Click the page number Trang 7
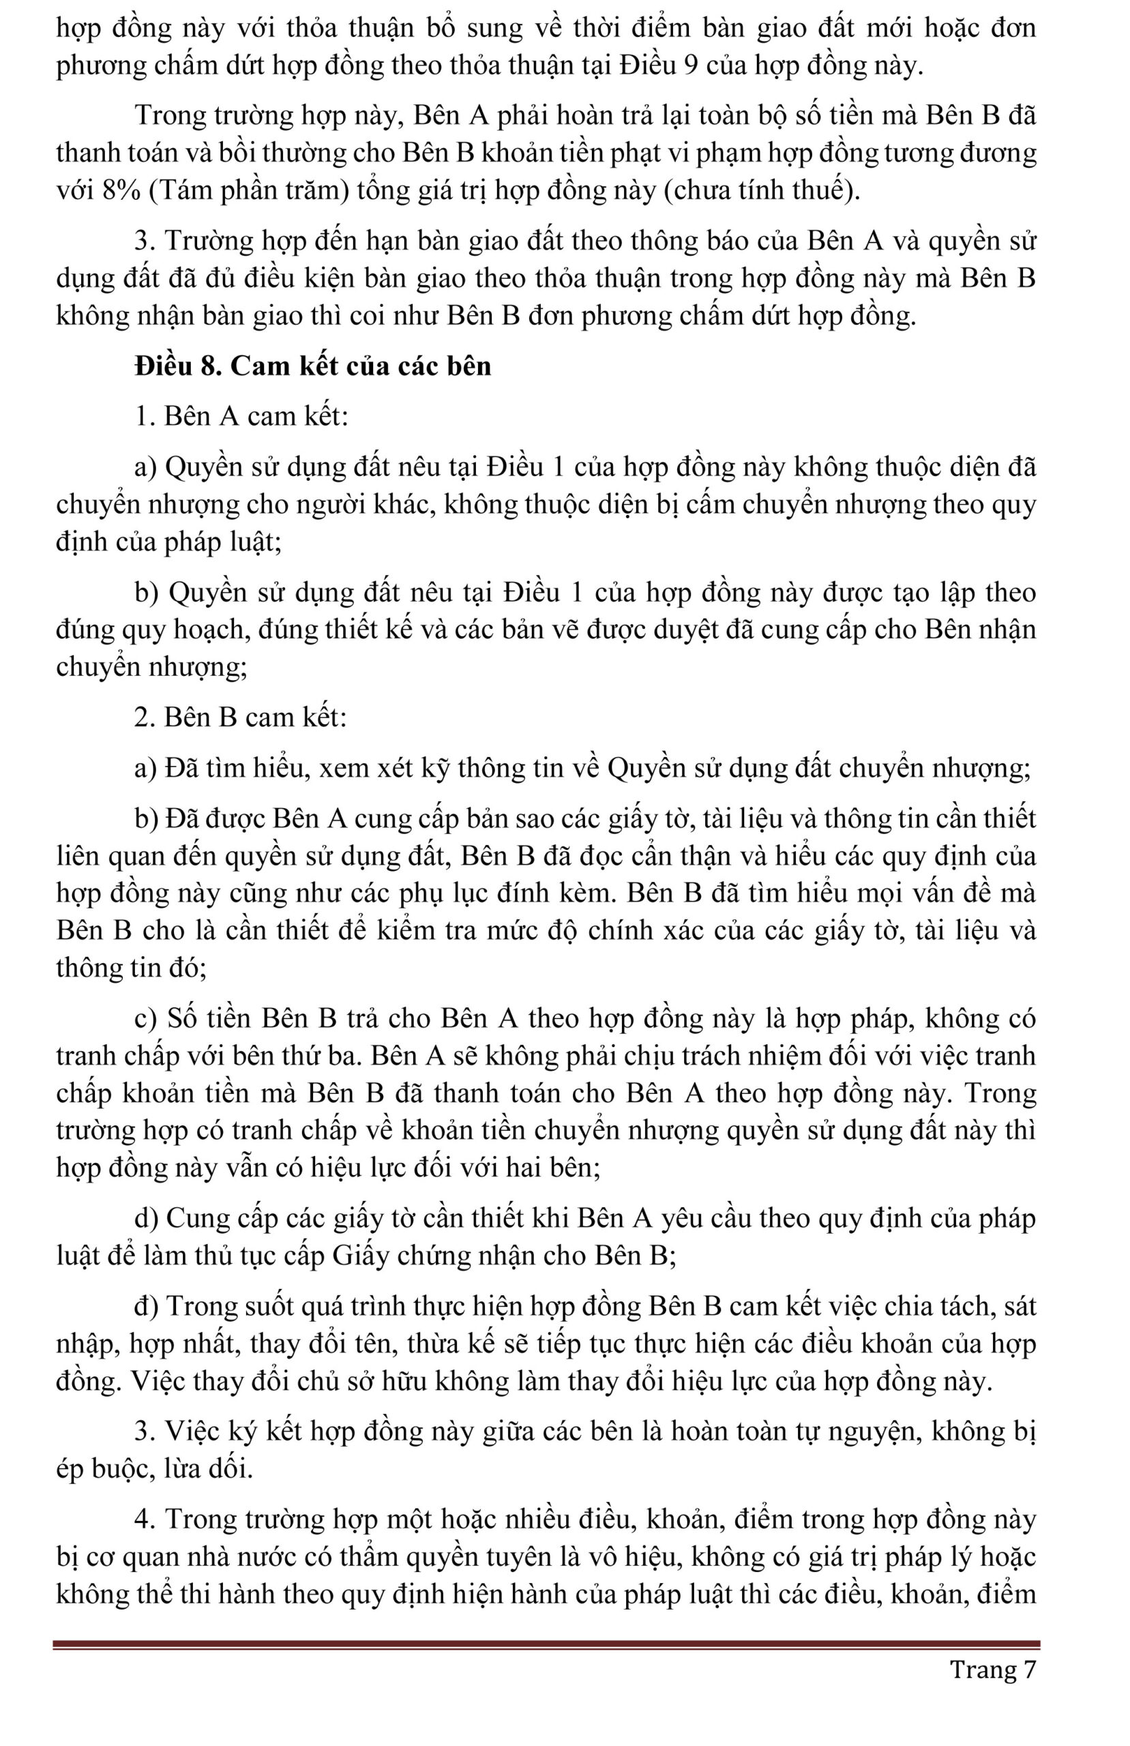(993, 1670)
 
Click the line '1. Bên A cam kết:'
(241, 416)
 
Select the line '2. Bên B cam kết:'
(241, 717)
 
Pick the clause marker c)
(146, 1018)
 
